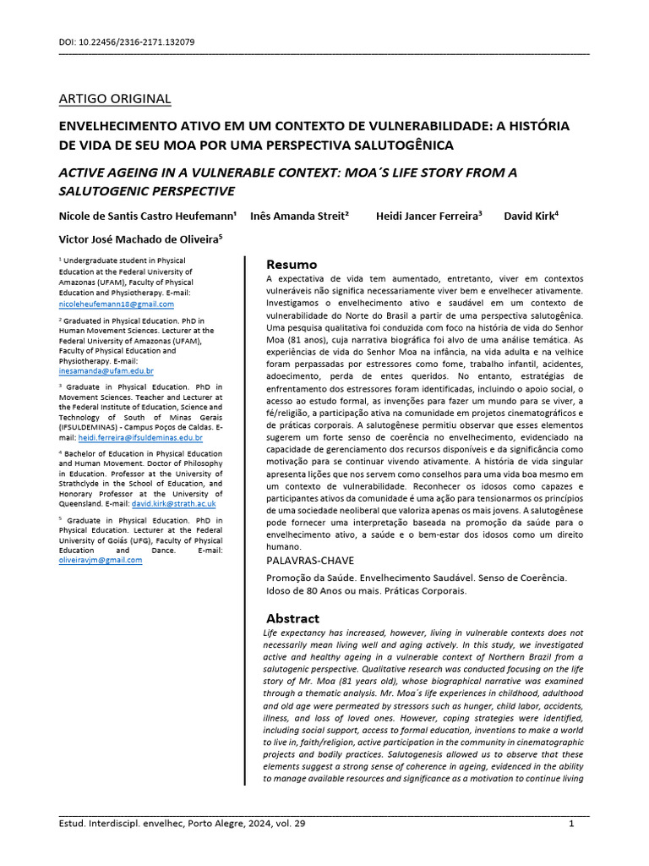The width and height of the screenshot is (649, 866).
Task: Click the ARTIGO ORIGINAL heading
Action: point(114,99)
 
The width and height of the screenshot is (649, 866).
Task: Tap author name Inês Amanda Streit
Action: point(299,216)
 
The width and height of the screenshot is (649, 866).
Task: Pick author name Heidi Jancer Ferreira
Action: point(428,216)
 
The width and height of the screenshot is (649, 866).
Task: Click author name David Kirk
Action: point(531,216)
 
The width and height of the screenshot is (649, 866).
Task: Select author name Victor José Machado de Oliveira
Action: point(140,239)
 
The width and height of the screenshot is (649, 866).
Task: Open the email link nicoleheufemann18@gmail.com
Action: point(116,304)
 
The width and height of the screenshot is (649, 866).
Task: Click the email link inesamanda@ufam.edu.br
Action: point(106,370)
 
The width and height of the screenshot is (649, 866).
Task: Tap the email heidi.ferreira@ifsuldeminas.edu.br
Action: point(140,437)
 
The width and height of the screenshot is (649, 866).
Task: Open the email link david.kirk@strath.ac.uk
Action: point(173,503)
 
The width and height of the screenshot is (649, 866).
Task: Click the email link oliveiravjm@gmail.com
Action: point(100,560)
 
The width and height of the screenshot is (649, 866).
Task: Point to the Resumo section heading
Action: point(292,264)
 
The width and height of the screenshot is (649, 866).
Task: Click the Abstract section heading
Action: point(292,618)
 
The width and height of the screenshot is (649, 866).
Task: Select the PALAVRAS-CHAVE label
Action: point(310,560)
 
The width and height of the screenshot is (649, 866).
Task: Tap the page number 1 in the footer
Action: point(571,824)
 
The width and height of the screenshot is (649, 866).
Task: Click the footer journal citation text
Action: point(182,824)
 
